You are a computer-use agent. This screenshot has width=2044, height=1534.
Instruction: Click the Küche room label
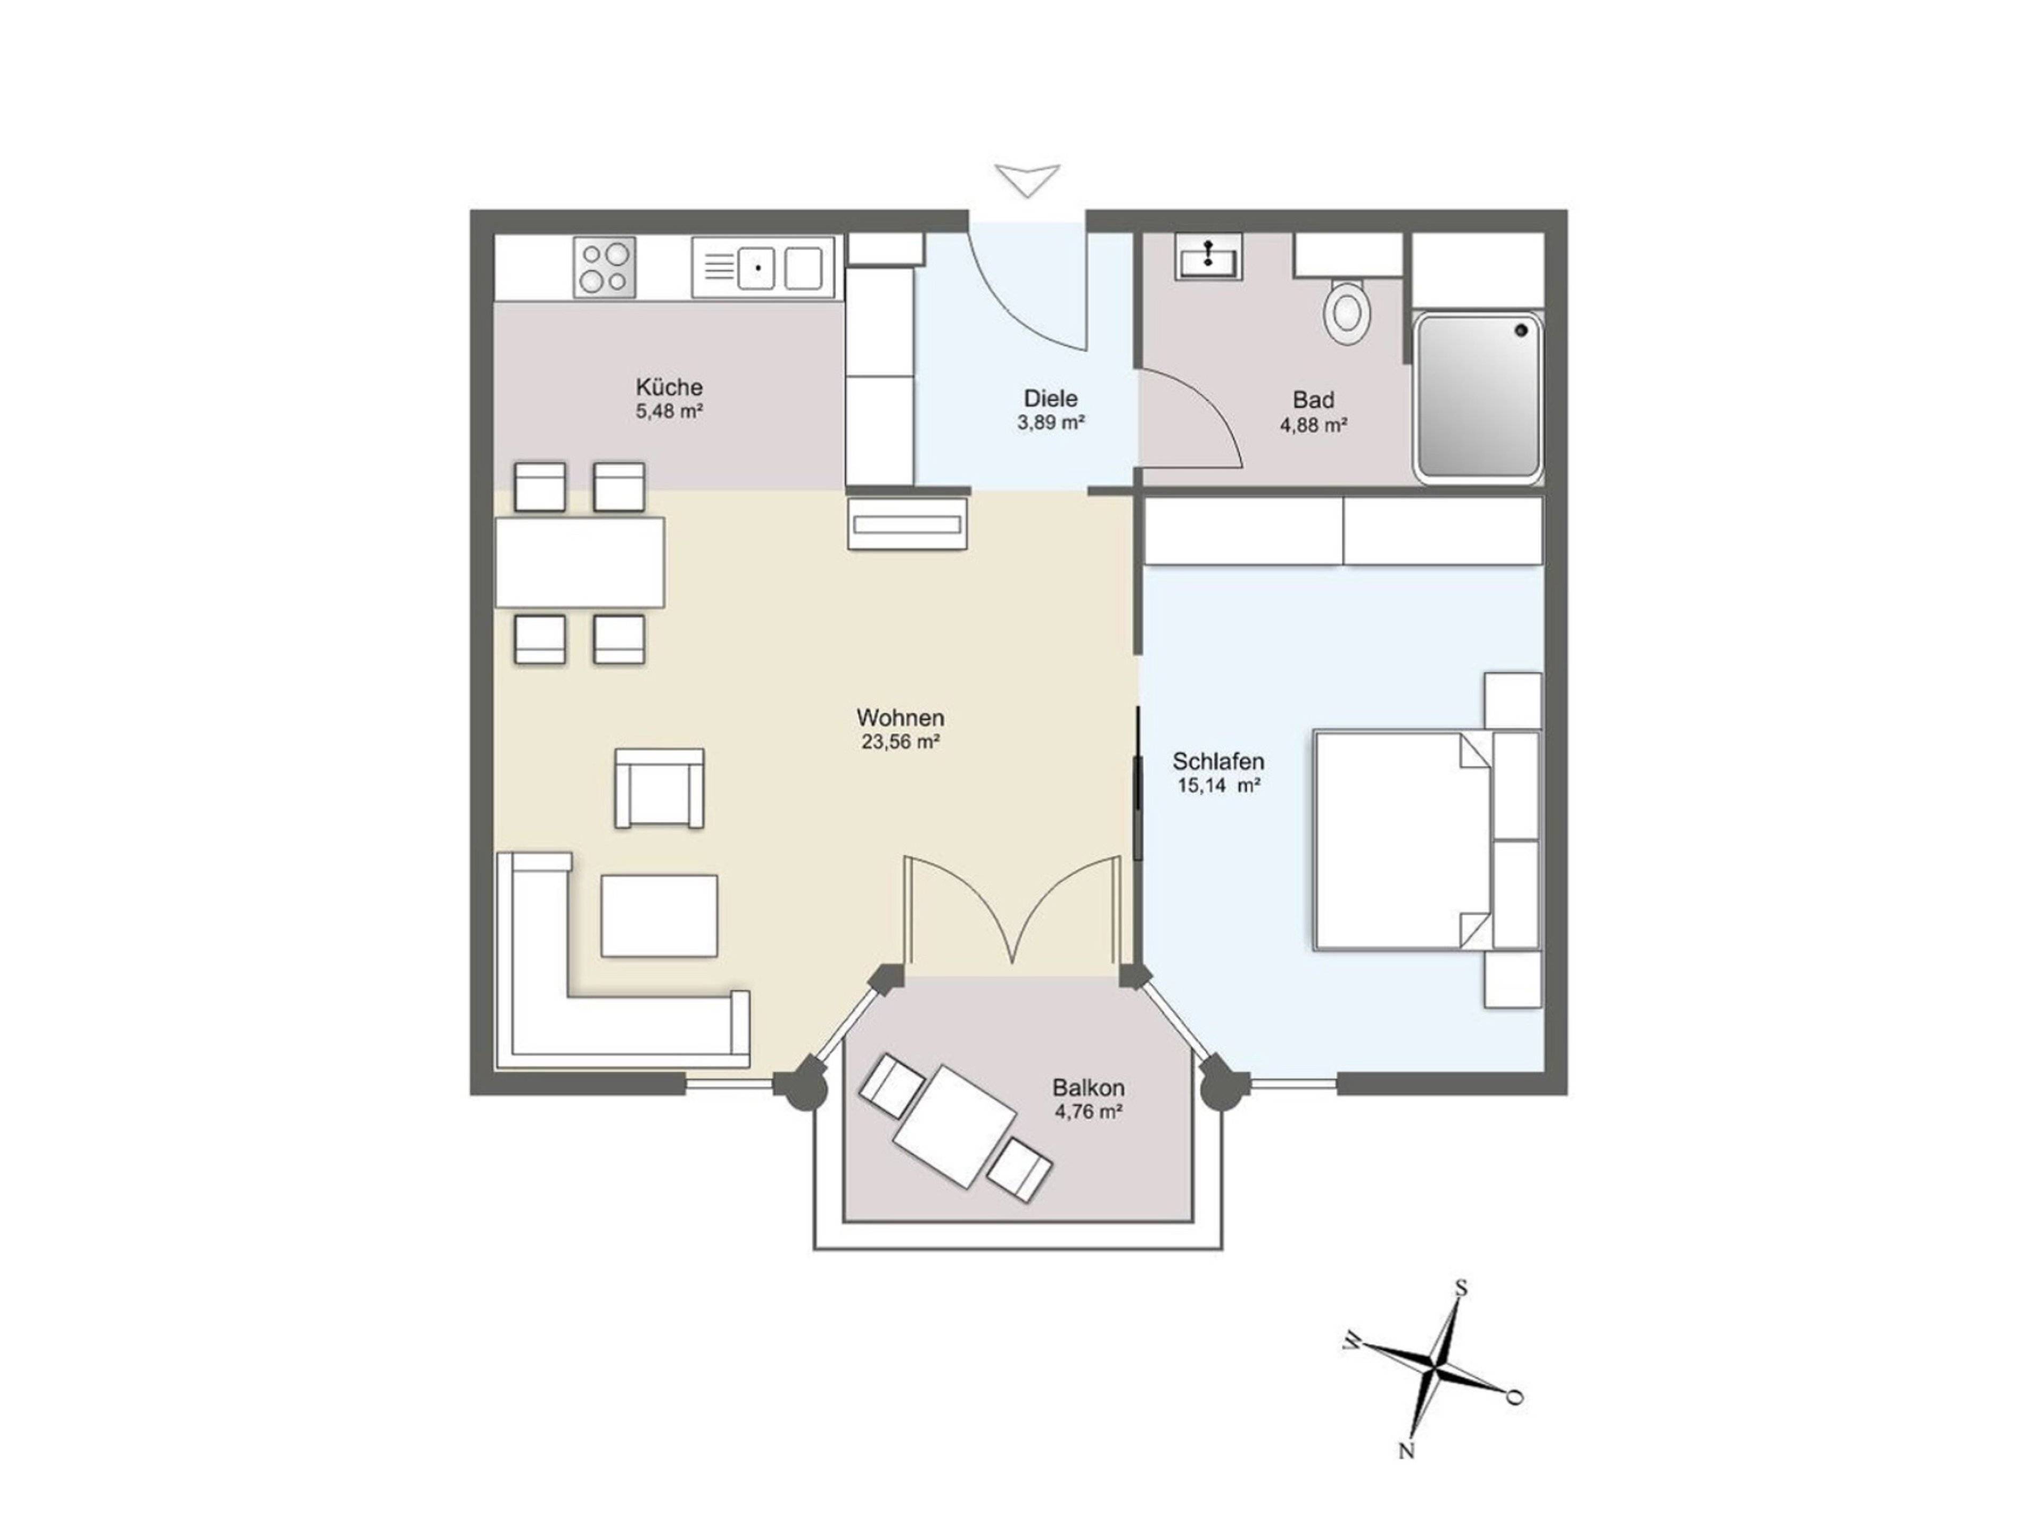pos(669,387)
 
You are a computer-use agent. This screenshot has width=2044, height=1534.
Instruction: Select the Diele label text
pos(1051,398)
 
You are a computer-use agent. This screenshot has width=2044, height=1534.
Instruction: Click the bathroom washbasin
pos(1209,256)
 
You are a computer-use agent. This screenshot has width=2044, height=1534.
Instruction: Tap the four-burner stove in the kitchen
pos(604,267)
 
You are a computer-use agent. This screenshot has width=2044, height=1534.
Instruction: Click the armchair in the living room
pos(659,788)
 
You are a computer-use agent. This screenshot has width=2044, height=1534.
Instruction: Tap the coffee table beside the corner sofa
pos(659,916)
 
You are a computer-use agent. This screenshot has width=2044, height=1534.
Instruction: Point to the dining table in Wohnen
pos(579,562)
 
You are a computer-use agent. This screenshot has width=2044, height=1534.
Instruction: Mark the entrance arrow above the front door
pos(1027,179)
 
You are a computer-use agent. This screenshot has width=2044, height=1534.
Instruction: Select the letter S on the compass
pos(1461,1288)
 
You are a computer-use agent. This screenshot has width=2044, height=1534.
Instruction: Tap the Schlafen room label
pos(1218,762)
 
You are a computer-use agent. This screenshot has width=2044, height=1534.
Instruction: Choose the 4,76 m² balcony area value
pos(1089,1112)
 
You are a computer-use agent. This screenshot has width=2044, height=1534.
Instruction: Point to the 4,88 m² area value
pos(1313,425)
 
